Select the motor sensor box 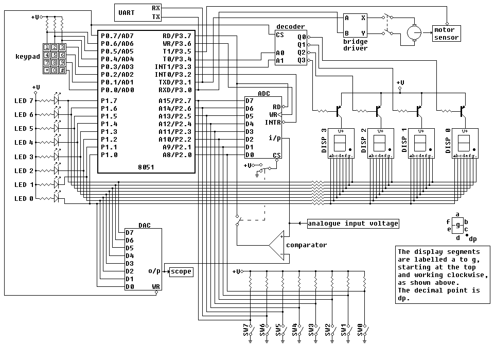446,33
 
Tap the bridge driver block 355,25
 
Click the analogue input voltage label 352,223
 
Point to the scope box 181,271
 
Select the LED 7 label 24,100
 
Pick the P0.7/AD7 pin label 117,36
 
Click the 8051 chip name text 146,167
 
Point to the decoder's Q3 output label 301,60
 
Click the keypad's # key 61,70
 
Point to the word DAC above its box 144,226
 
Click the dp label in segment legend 472,238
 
